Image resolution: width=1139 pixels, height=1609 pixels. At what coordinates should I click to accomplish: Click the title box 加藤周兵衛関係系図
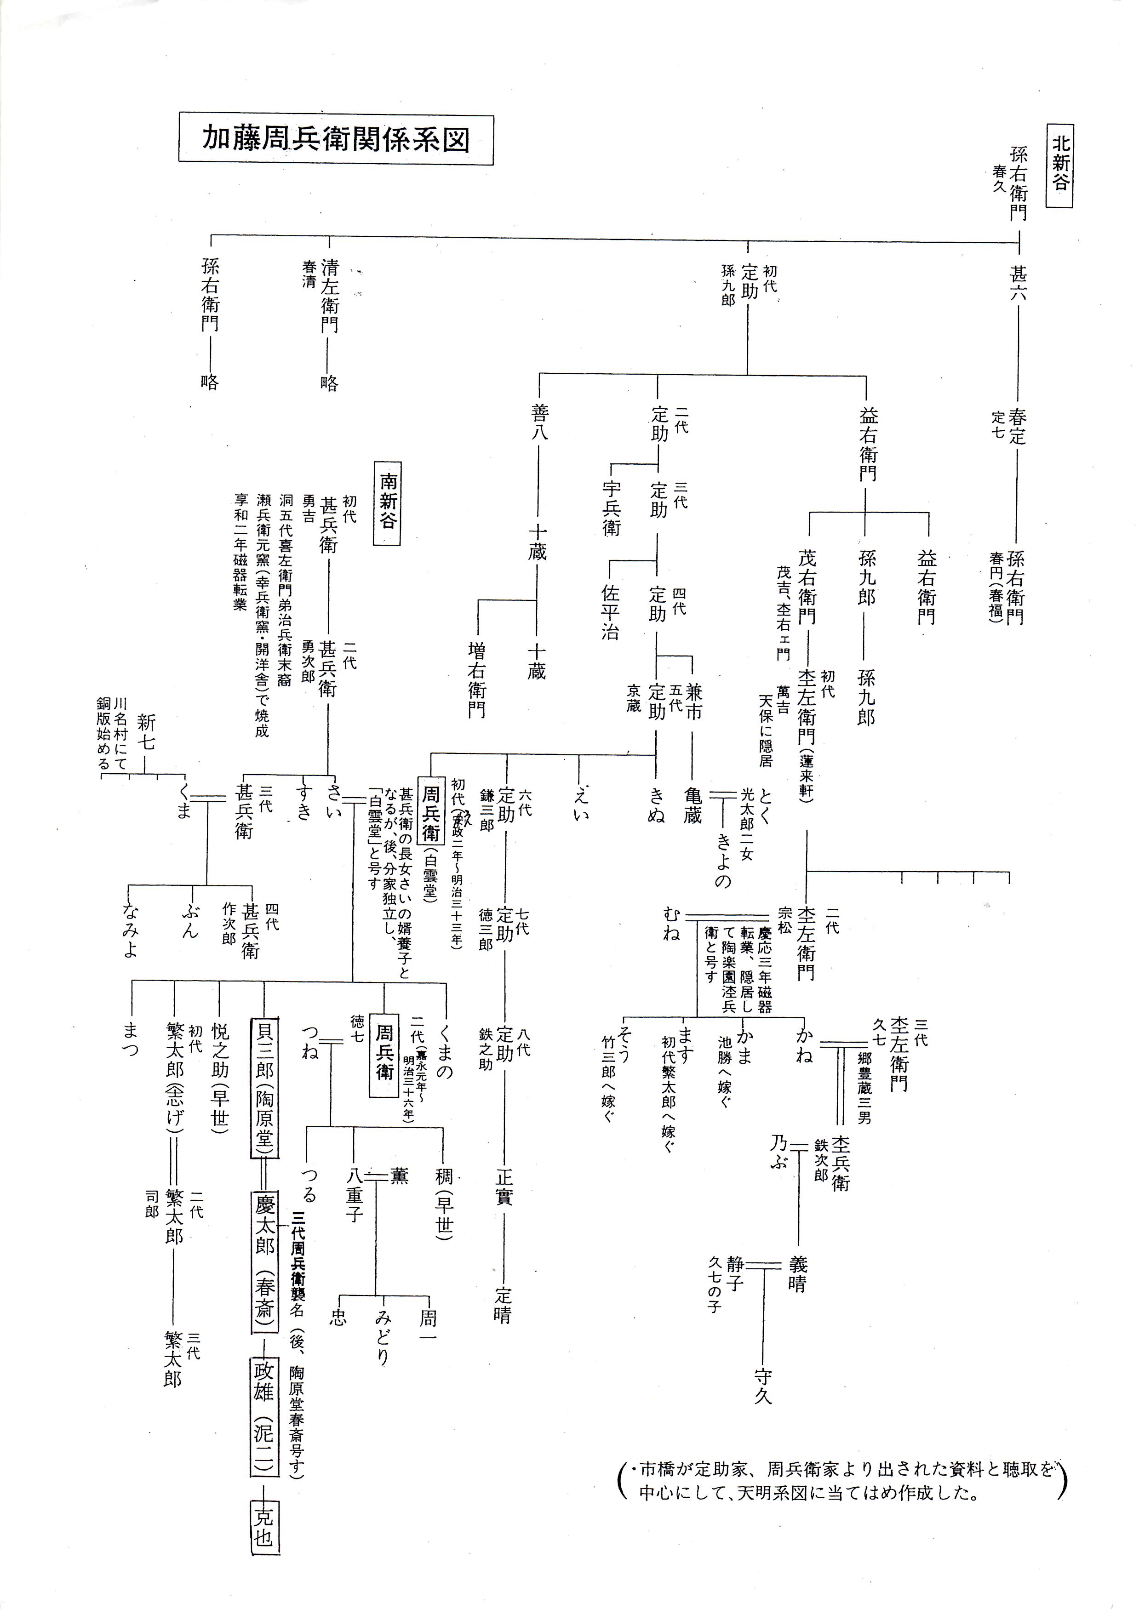tap(336, 139)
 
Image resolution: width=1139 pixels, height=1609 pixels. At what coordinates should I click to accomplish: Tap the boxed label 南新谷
tap(387, 502)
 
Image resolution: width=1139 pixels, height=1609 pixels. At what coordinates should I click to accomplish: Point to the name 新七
tap(146, 731)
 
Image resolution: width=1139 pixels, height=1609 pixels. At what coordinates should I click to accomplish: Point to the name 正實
tap(504, 1186)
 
